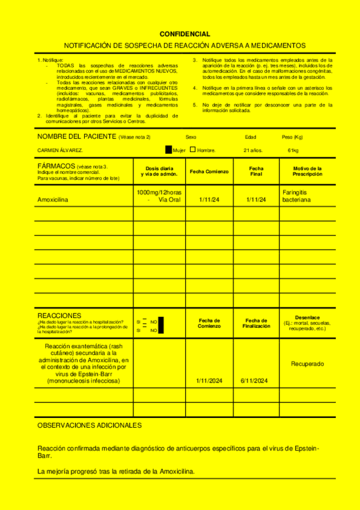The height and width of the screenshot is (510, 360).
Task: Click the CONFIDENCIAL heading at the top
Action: (x=185, y=34)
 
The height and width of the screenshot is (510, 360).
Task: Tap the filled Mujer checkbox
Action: (x=168, y=149)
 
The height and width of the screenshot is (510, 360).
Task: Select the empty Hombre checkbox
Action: (x=192, y=149)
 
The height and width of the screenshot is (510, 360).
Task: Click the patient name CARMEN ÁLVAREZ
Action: (x=60, y=150)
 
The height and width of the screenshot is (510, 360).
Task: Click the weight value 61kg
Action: (x=293, y=150)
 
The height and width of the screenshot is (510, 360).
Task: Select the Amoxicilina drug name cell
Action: (x=53, y=200)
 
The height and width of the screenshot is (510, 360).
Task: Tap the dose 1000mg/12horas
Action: (x=159, y=192)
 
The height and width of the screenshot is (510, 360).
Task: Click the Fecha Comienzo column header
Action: (x=209, y=171)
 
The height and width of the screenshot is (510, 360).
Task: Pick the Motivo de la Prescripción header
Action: (x=307, y=171)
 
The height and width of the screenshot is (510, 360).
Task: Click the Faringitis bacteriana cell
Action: (x=297, y=195)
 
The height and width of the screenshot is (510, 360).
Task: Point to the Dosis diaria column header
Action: (x=159, y=171)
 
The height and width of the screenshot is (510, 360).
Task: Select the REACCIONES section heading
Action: (x=59, y=315)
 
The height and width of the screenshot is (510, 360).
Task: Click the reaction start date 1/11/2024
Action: (x=209, y=381)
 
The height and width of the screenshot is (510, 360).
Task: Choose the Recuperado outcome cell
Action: (x=307, y=364)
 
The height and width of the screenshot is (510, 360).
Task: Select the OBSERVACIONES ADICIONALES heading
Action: (x=90, y=425)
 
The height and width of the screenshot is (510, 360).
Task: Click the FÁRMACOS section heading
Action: (x=56, y=165)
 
